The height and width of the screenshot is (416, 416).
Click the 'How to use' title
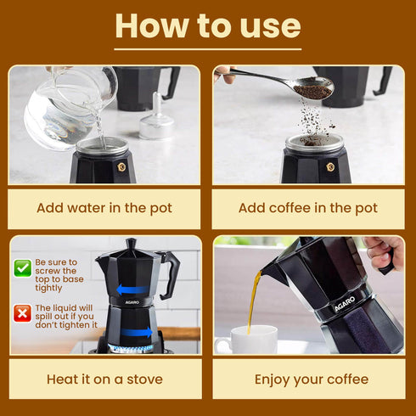[208, 25]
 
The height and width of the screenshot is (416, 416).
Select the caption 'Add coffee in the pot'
[307, 208]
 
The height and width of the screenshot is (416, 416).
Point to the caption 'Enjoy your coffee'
[307, 379]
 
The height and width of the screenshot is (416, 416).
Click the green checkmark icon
[21, 268]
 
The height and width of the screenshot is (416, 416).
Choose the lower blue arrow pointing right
[136, 332]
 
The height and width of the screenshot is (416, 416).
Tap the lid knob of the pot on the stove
[132, 243]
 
